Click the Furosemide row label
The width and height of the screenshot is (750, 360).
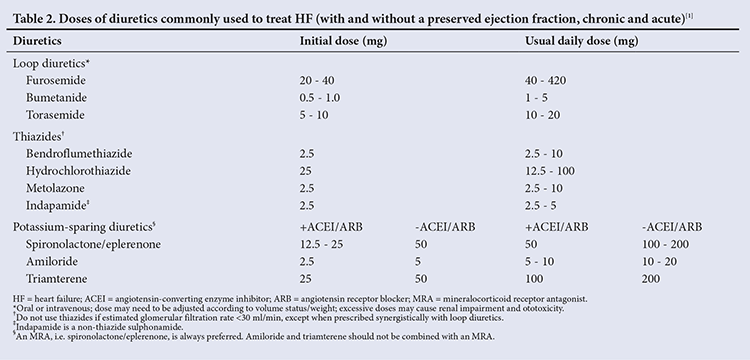tap(56, 80)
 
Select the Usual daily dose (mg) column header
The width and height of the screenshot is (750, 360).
tap(582, 41)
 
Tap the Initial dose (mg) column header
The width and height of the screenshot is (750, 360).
tap(343, 41)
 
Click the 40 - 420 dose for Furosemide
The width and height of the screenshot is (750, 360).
tap(545, 80)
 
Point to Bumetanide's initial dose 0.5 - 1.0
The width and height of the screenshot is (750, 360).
tap(320, 98)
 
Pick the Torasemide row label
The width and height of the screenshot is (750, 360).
tap(55, 115)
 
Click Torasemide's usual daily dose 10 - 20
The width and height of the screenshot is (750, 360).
tap(543, 115)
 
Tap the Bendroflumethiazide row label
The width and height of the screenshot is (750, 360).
tap(79, 154)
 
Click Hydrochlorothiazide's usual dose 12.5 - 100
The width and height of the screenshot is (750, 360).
tap(550, 171)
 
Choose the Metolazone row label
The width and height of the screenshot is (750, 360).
tap(55, 188)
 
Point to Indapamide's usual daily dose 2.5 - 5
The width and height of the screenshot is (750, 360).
tap(540, 206)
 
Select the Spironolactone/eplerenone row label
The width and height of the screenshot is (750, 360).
tap(94, 244)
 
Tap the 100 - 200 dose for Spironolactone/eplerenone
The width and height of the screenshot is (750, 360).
tap(665, 244)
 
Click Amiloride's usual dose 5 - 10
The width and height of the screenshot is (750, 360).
tap(540, 262)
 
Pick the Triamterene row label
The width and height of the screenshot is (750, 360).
tap(57, 279)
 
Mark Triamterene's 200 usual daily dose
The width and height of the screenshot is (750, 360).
tap(651, 279)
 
